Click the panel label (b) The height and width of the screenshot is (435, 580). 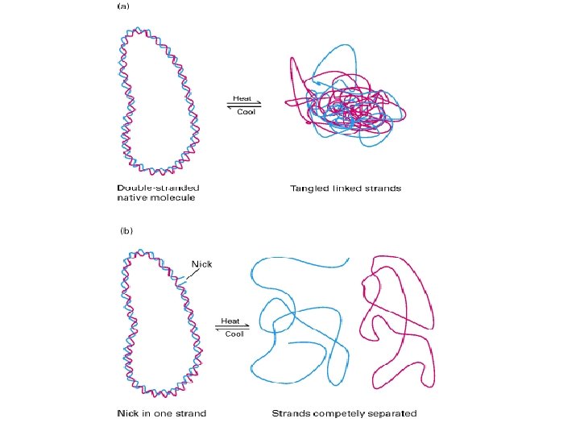126,230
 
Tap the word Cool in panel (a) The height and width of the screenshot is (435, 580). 246,111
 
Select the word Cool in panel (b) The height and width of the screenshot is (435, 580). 234,333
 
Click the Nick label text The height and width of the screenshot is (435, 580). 201,263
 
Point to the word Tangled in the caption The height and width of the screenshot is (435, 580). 309,188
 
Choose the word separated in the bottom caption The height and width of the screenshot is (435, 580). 390,413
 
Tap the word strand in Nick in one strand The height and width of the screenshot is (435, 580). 191,413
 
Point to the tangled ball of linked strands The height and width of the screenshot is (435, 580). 346,105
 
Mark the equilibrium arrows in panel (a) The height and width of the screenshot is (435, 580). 245,105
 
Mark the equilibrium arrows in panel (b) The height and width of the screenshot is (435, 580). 232,326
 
